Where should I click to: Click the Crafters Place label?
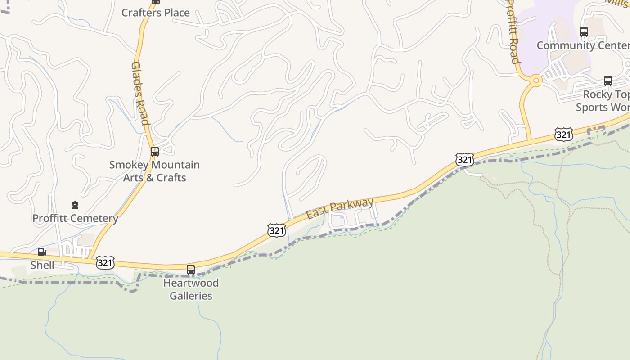click(x=155, y=13)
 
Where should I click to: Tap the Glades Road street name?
click(x=139, y=93)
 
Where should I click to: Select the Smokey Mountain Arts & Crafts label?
click(x=154, y=171)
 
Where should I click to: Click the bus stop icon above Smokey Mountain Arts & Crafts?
click(x=155, y=152)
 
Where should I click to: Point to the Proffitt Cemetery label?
click(x=75, y=219)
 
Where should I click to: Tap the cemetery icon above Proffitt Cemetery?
click(x=75, y=206)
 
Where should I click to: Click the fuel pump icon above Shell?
click(x=42, y=252)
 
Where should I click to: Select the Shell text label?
click(x=42, y=265)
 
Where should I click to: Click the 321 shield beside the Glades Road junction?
click(x=105, y=263)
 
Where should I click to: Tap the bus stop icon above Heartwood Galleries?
click(x=191, y=270)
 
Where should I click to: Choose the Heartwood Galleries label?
click(x=191, y=289)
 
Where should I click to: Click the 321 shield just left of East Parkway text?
click(x=276, y=230)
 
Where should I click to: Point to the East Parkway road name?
click(x=340, y=209)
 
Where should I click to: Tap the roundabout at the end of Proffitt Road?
click(x=535, y=81)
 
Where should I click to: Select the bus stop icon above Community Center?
click(x=584, y=32)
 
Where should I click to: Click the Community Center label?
click(x=583, y=45)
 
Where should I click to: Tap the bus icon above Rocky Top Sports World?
click(x=608, y=81)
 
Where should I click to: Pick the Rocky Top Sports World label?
click(x=603, y=101)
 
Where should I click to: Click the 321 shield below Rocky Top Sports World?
click(x=563, y=134)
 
